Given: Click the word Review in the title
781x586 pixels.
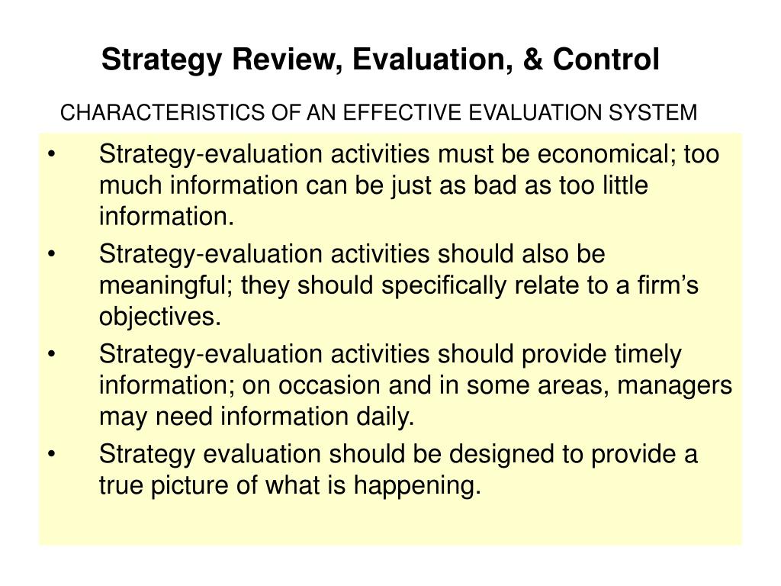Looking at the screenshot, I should pos(274,60).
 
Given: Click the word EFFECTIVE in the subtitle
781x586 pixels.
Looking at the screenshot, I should pos(400,113).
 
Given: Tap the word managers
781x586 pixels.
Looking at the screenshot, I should pos(675,386).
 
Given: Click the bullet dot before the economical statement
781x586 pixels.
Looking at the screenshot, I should pos(51,155).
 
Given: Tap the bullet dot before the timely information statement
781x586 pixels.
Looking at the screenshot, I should pos(51,355).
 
